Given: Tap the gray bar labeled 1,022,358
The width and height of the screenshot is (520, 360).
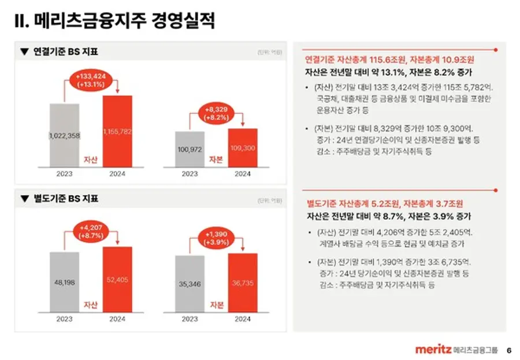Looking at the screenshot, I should (64, 135).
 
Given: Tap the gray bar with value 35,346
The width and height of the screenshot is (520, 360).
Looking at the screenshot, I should (190, 284).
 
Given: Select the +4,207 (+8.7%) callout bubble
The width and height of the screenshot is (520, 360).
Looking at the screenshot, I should (91, 232).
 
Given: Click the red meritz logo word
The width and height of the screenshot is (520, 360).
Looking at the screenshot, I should (433, 349).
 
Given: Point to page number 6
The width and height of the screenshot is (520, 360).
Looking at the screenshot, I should (508, 350).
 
